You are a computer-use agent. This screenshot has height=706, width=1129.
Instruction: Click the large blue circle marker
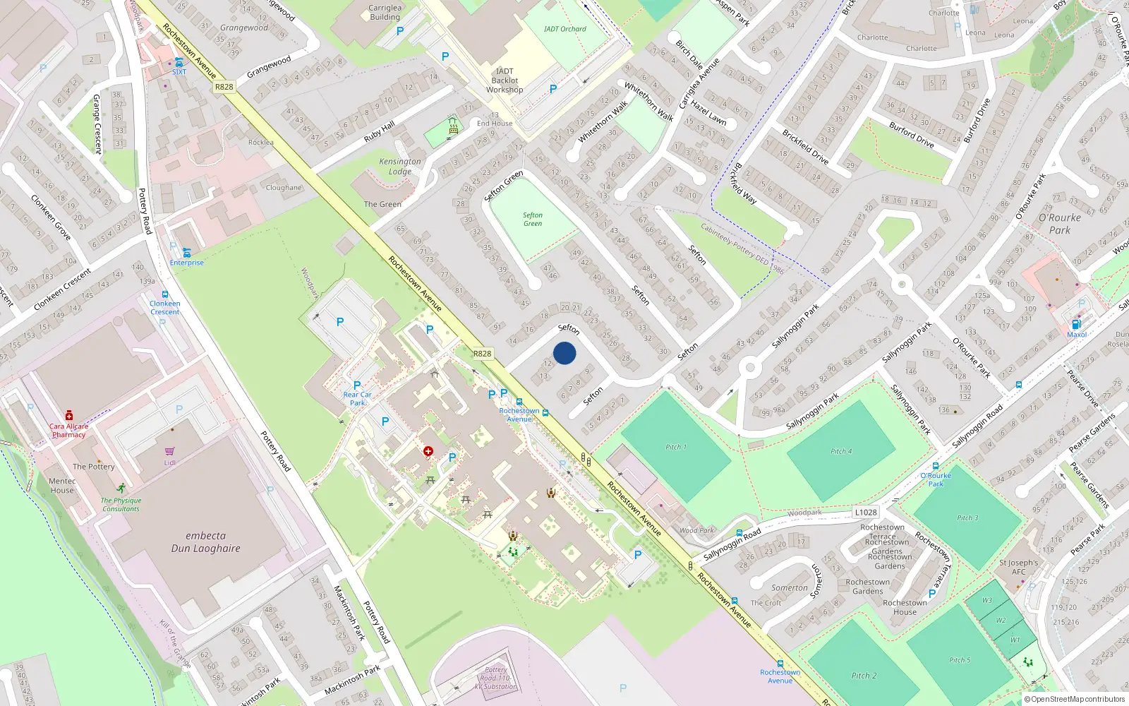click(x=564, y=353)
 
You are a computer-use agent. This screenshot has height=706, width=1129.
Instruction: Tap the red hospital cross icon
click(x=428, y=450)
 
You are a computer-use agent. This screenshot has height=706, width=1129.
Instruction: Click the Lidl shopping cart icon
click(x=169, y=452)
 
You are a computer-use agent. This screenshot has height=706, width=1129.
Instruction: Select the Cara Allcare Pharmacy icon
click(x=69, y=416)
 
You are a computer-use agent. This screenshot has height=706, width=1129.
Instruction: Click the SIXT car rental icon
click(x=179, y=62)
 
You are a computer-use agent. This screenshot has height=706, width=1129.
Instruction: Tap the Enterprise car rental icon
click(x=186, y=253)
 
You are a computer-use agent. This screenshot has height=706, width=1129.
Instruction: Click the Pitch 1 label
click(x=675, y=447)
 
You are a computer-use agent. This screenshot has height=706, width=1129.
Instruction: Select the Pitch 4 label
click(x=840, y=451)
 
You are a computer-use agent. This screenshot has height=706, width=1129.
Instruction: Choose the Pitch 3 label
click(x=967, y=518)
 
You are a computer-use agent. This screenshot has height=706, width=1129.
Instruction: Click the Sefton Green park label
click(x=533, y=220)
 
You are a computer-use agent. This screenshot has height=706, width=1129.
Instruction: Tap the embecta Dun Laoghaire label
click(x=205, y=542)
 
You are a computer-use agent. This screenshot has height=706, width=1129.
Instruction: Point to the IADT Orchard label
click(x=564, y=29)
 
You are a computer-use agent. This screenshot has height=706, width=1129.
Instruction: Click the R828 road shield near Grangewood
click(x=224, y=87)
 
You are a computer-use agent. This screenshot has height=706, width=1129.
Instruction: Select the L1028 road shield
click(x=866, y=513)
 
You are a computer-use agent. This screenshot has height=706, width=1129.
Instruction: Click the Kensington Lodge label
click(x=399, y=166)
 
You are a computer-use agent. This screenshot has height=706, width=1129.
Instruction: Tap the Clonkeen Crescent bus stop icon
click(x=165, y=295)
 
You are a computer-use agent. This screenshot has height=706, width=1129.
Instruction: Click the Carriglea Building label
click(x=385, y=13)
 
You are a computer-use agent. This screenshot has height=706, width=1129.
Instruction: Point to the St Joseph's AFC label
click(x=1018, y=567)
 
